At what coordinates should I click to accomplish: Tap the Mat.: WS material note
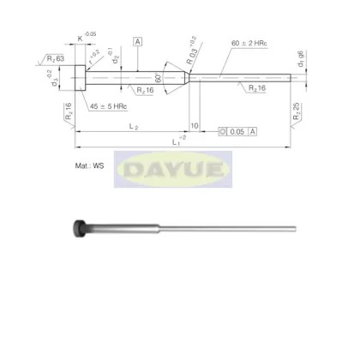pos(113,160)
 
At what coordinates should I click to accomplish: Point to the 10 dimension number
pos(195,126)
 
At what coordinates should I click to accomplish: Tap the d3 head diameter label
pos(55,81)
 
